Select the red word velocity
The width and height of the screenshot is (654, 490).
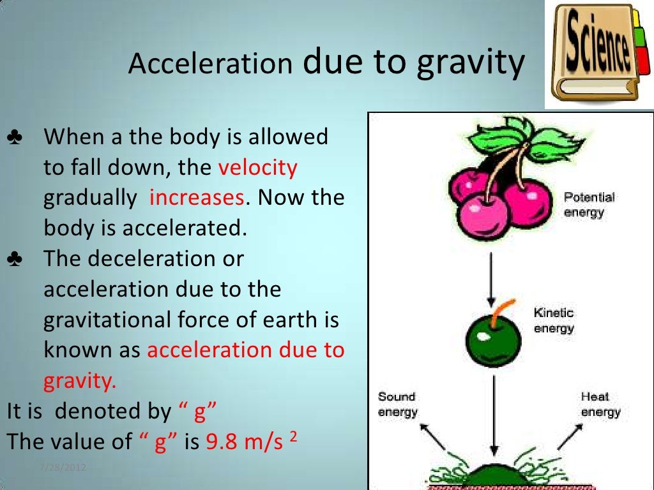(x=258, y=168)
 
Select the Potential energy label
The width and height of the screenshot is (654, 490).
(x=588, y=204)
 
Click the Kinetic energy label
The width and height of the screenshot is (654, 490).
(x=554, y=320)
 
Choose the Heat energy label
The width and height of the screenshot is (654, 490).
(x=600, y=405)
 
